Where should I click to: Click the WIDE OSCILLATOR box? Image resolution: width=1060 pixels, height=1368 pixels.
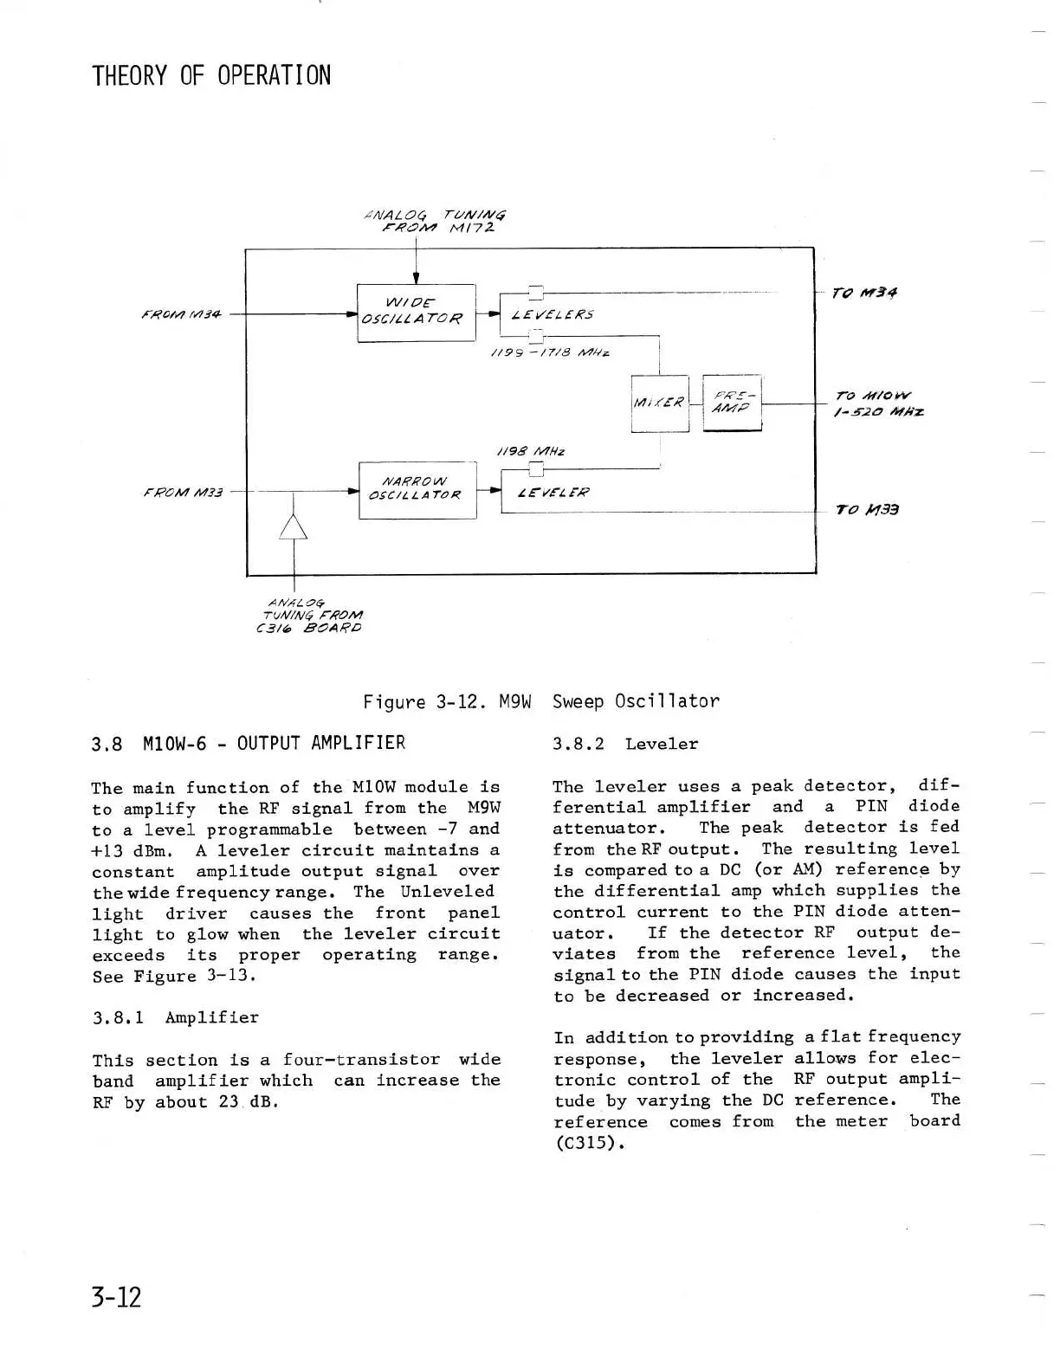click(x=416, y=313)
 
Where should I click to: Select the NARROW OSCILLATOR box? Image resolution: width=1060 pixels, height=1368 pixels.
click(x=417, y=489)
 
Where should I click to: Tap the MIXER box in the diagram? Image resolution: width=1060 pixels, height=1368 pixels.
click(x=660, y=403)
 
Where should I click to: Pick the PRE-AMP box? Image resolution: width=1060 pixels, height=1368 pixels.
click(x=732, y=403)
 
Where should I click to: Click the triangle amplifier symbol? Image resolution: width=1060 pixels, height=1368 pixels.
click(x=294, y=526)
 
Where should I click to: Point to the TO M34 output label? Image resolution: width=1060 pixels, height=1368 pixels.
click(x=863, y=293)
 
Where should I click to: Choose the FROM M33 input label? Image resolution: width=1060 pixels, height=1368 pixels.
click(x=184, y=493)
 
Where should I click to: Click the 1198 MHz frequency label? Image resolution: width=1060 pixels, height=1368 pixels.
click(x=530, y=451)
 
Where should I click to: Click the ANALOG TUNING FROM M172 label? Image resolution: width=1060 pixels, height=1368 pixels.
click(x=436, y=222)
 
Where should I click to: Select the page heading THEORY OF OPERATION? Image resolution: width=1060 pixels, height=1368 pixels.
click(x=211, y=75)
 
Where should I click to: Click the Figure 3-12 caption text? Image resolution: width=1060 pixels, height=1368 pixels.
click(x=540, y=701)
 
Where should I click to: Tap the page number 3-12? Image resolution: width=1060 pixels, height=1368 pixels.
click(x=116, y=1296)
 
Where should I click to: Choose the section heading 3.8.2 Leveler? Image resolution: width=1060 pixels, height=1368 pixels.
click(x=624, y=744)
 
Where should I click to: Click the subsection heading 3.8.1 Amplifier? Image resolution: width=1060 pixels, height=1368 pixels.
click(x=176, y=1017)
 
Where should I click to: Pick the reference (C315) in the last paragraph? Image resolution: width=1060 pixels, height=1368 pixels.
click(x=589, y=1143)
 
